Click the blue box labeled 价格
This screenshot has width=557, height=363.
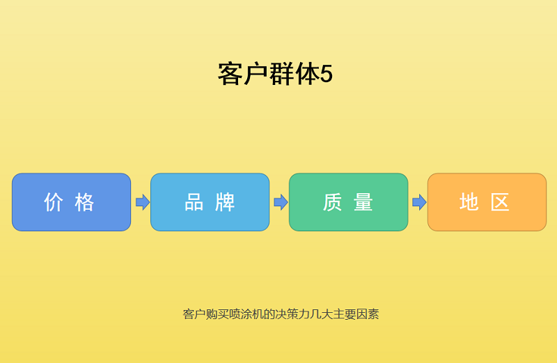[x=71, y=202]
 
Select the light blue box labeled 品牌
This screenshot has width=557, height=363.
[x=210, y=202]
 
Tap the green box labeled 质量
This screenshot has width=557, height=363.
[x=348, y=202]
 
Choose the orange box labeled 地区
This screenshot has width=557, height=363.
[x=487, y=202]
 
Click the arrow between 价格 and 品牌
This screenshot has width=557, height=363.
[x=143, y=202]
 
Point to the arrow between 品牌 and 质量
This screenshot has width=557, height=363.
[x=281, y=202]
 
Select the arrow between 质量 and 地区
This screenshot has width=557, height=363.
[x=419, y=202]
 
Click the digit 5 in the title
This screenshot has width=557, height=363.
[x=327, y=75]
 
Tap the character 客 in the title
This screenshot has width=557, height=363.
[x=230, y=75]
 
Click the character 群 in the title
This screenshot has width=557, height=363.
[x=281, y=75]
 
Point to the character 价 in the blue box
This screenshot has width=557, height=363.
[x=54, y=202]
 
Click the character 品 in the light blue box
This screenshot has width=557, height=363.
[x=194, y=202]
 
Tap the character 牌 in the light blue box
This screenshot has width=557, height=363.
[x=225, y=202]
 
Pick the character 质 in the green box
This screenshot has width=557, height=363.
[x=333, y=202]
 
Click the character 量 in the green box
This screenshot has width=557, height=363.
[x=363, y=202]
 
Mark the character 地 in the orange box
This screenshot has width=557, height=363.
[x=469, y=202]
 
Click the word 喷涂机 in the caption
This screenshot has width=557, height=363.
[x=245, y=314]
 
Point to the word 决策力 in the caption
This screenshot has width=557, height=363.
[x=293, y=314]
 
